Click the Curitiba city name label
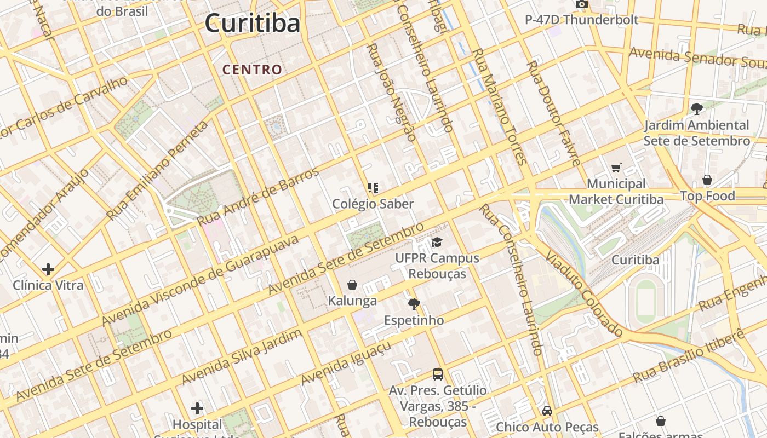pos(253,24)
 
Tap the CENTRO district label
pos(253,70)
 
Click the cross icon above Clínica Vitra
pos(48,269)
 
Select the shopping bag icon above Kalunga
pos(352,285)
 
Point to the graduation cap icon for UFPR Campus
pos(437,242)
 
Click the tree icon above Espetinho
pos(414,304)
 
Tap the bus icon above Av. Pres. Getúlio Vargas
pos(437,374)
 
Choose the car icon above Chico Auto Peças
pos(547,411)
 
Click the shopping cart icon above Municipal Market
pos(616,168)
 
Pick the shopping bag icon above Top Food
pos(707,180)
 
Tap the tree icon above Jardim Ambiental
pos(696,108)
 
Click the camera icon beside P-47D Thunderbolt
pos(581,5)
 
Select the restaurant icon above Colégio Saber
pos(373,188)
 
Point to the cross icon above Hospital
pos(197,408)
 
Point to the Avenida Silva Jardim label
pos(242,357)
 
